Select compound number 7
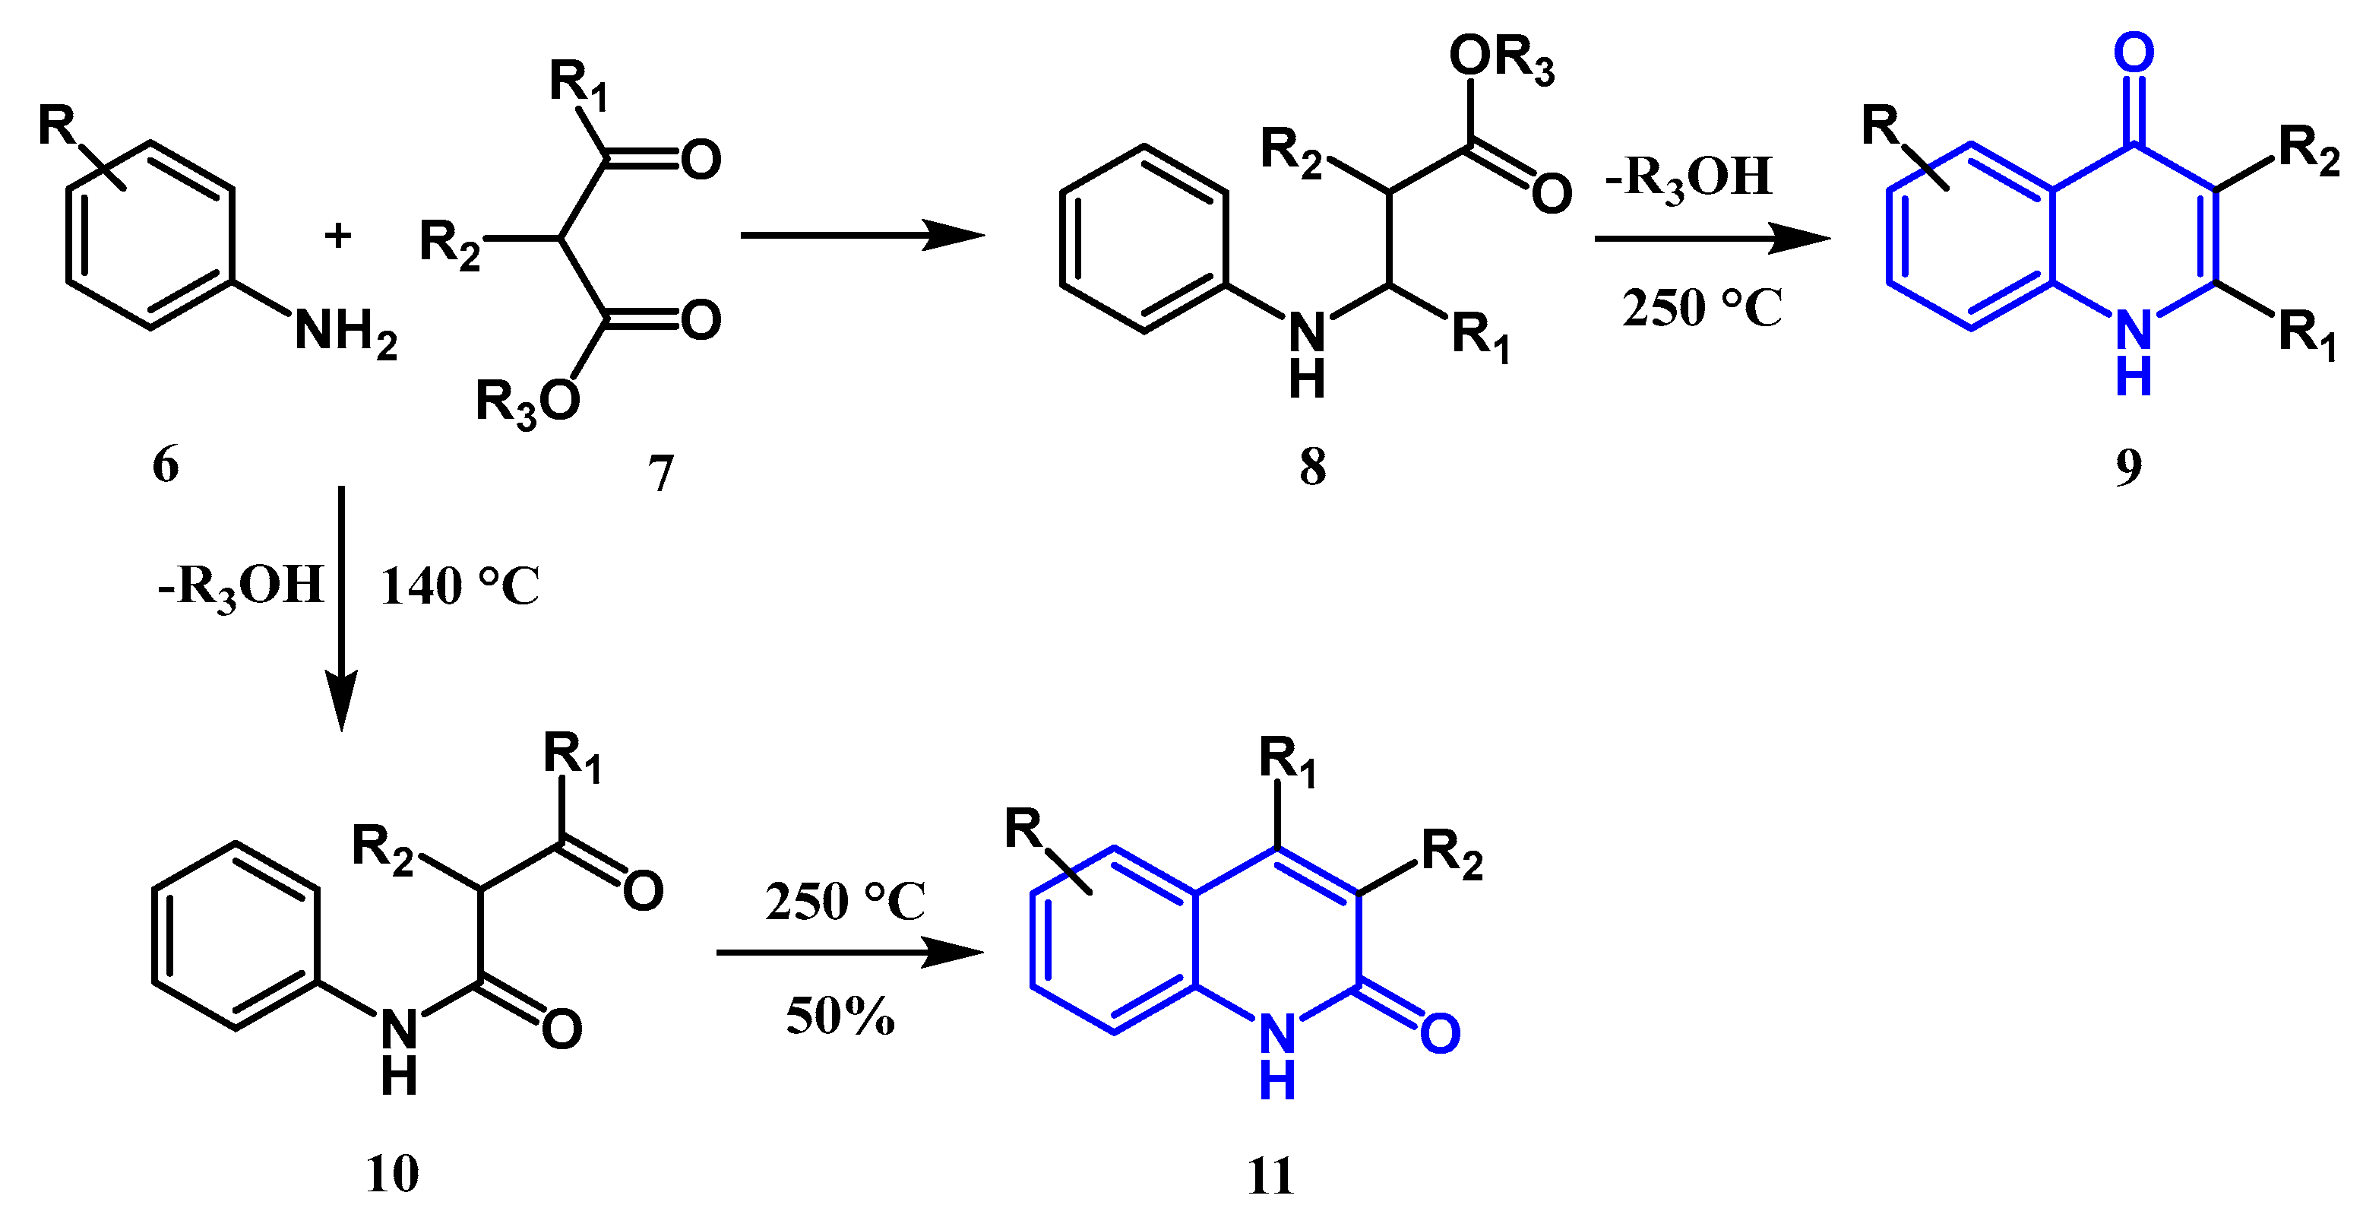(x=660, y=474)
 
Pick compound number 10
(x=392, y=1172)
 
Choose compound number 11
(x=1270, y=1175)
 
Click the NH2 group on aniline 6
(x=345, y=332)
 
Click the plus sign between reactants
(x=337, y=236)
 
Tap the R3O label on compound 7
(x=527, y=403)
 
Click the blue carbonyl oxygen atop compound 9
(x=2134, y=53)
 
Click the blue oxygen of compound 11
(x=1440, y=1033)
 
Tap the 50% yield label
(x=840, y=1016)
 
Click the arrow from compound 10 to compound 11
(x=849, y=953)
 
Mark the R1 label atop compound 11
(x=1287, y=762)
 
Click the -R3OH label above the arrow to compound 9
(x=1688, y=176)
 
